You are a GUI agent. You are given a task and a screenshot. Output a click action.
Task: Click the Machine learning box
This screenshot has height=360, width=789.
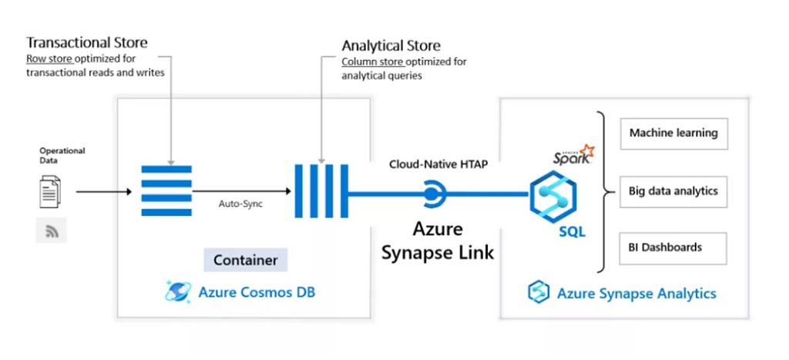point(673,133)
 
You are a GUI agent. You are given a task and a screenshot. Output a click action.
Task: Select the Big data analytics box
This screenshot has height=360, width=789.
point(673,190)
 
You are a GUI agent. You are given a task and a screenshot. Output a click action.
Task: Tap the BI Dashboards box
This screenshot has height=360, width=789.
point(673,247)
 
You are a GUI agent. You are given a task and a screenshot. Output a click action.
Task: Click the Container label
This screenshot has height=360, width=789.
point(246,260)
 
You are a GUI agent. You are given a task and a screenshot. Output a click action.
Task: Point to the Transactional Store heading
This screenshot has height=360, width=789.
point(86,42)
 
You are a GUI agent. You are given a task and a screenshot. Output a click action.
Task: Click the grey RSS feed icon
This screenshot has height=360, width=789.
point(51,230)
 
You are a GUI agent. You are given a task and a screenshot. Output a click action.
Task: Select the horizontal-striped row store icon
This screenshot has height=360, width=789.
point(166,190)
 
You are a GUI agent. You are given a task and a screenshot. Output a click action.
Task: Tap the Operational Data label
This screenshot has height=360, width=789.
point(62,155)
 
